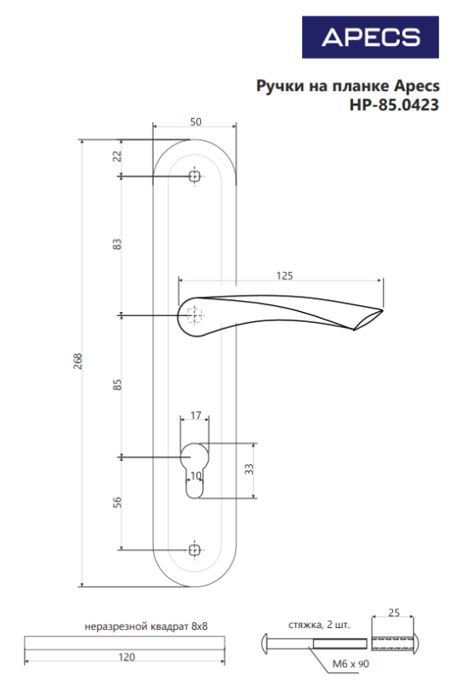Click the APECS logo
tap(370, 37)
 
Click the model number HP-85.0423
tap(394, 105)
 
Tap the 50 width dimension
tap(196, 122)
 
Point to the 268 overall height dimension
tap(78, 360)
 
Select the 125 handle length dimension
tap(284, 275)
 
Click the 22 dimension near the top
tap(117, 156)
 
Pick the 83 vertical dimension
tap(117, 244)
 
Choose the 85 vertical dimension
tap(117, 385)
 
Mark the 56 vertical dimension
tap(117, 502)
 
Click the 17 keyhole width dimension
tap(196, 415)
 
